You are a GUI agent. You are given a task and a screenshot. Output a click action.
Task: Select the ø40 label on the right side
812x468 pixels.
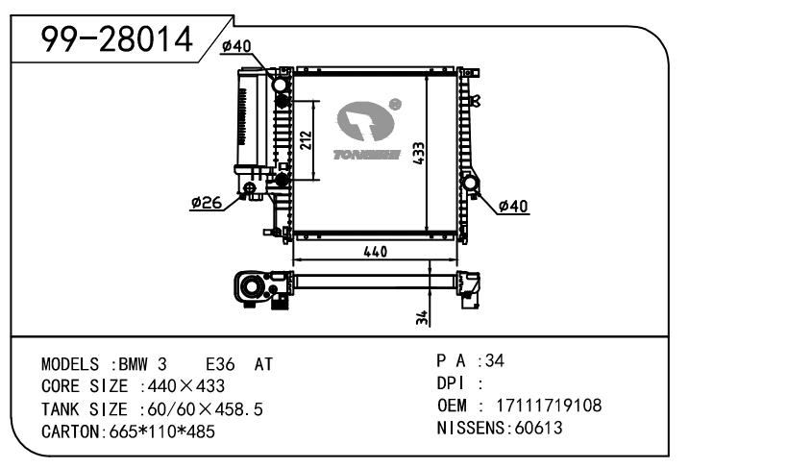pyautogui.click(x=514, y=206)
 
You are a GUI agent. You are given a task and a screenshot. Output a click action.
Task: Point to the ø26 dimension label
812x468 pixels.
pyautogui.click(x=206, y=203)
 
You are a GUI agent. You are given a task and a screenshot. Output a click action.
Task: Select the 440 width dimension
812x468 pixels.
pyautogui.click(x=375, y=252)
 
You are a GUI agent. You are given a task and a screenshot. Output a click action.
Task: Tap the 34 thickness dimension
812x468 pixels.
pyautogui.click(x=421, y=317)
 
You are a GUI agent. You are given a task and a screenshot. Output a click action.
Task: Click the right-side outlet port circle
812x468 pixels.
pyautogui.click(x=472, y=184)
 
